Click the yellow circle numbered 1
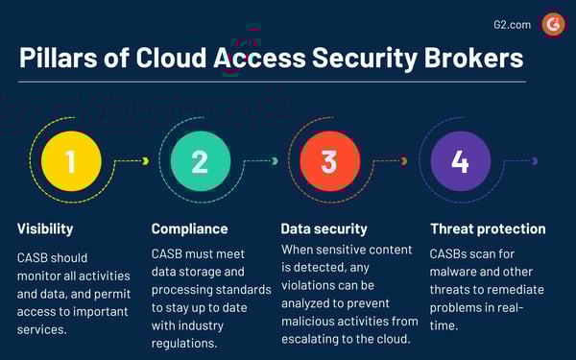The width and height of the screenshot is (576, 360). point(70,161)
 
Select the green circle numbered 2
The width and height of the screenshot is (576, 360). point(200,161)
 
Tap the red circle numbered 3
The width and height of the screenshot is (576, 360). point(329,161)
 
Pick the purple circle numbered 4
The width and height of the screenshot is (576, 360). point(460,161)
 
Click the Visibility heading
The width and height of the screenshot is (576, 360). point(46,229)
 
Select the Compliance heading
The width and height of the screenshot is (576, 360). point(190,229)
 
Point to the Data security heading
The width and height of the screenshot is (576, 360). point(324,229)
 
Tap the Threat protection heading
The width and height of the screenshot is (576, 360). point(488,229)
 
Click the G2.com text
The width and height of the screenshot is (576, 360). point(512,24)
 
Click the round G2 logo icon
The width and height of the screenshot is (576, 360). point(553,24)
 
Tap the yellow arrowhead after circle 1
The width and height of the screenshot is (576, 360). point(145,161)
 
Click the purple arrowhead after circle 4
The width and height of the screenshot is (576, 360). point(535,161)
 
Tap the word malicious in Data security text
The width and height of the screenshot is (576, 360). point(309,321)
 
